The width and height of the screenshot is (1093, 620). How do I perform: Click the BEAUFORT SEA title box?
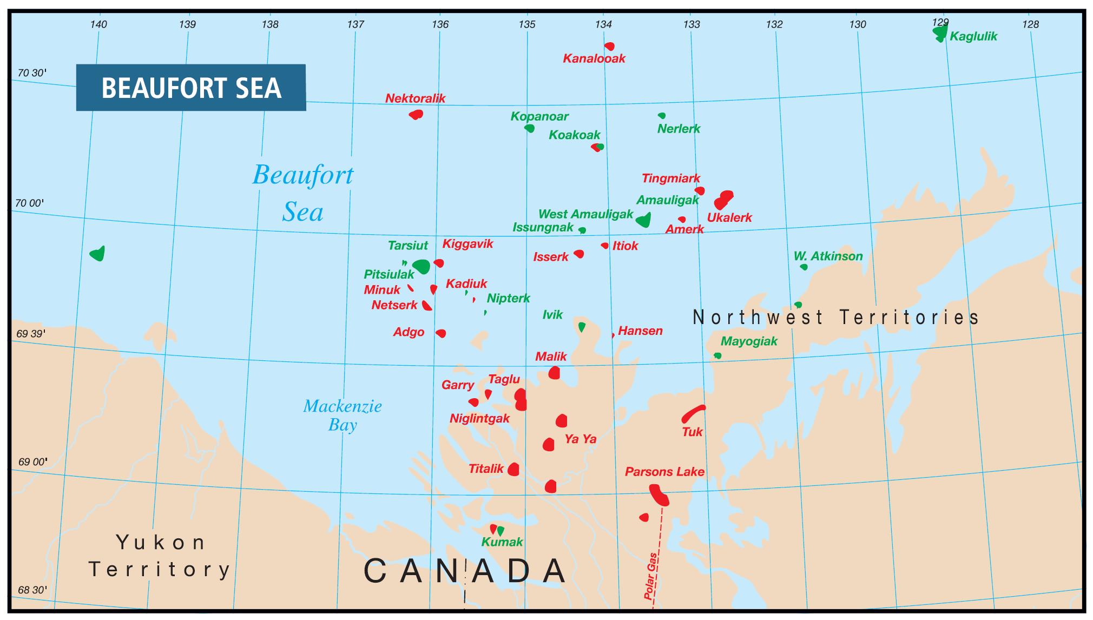(190, 88)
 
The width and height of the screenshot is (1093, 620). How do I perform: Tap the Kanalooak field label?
(594, 58)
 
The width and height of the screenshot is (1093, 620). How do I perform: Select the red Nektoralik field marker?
(416, 114)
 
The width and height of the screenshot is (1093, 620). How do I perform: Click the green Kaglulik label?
(973, 37)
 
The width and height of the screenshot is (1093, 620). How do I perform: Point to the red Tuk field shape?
(693, 413)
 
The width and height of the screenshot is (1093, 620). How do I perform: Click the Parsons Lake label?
(664, 472)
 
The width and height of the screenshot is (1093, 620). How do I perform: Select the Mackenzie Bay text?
(342, 415)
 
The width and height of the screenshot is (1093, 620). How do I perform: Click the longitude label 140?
(98, 24)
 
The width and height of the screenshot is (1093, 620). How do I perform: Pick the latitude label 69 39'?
(31, 334)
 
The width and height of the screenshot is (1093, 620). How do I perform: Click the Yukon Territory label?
(161, 556)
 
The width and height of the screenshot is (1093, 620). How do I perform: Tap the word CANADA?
(465, 571)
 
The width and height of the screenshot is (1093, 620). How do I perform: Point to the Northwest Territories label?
(836, 317)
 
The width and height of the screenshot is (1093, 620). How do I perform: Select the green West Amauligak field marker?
(643, 220)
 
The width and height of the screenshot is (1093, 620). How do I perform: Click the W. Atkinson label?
(828, 256)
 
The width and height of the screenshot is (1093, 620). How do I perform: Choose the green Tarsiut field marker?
(421, 266)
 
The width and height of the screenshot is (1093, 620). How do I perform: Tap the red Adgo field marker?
(441, 333)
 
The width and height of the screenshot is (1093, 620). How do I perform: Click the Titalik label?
(486, 469)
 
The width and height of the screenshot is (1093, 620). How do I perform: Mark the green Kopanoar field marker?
(530, 128)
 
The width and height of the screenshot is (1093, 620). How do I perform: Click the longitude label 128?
(1030, 24)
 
